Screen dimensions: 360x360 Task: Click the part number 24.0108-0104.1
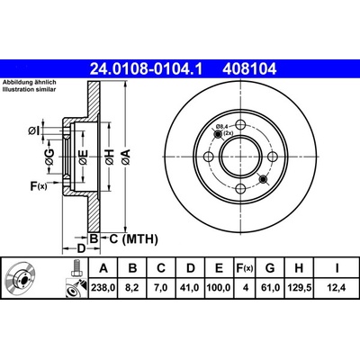[x=147, y=69]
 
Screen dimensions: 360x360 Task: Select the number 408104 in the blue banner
[x=249, y=69]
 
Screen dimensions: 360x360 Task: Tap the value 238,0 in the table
[x=103, y=288]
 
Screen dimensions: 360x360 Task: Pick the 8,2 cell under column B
[x=132, y=288]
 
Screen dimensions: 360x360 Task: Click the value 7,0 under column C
[x=161, y=288]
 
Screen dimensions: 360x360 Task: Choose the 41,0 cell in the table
[x=191, y=288]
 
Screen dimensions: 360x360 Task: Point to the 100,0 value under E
[x=219, y=288]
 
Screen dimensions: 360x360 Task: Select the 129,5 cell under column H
[x=299, y=288]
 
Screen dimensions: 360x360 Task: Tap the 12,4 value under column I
[x=337, y=288]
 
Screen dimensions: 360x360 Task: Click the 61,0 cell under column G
[x=270, y=288]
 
